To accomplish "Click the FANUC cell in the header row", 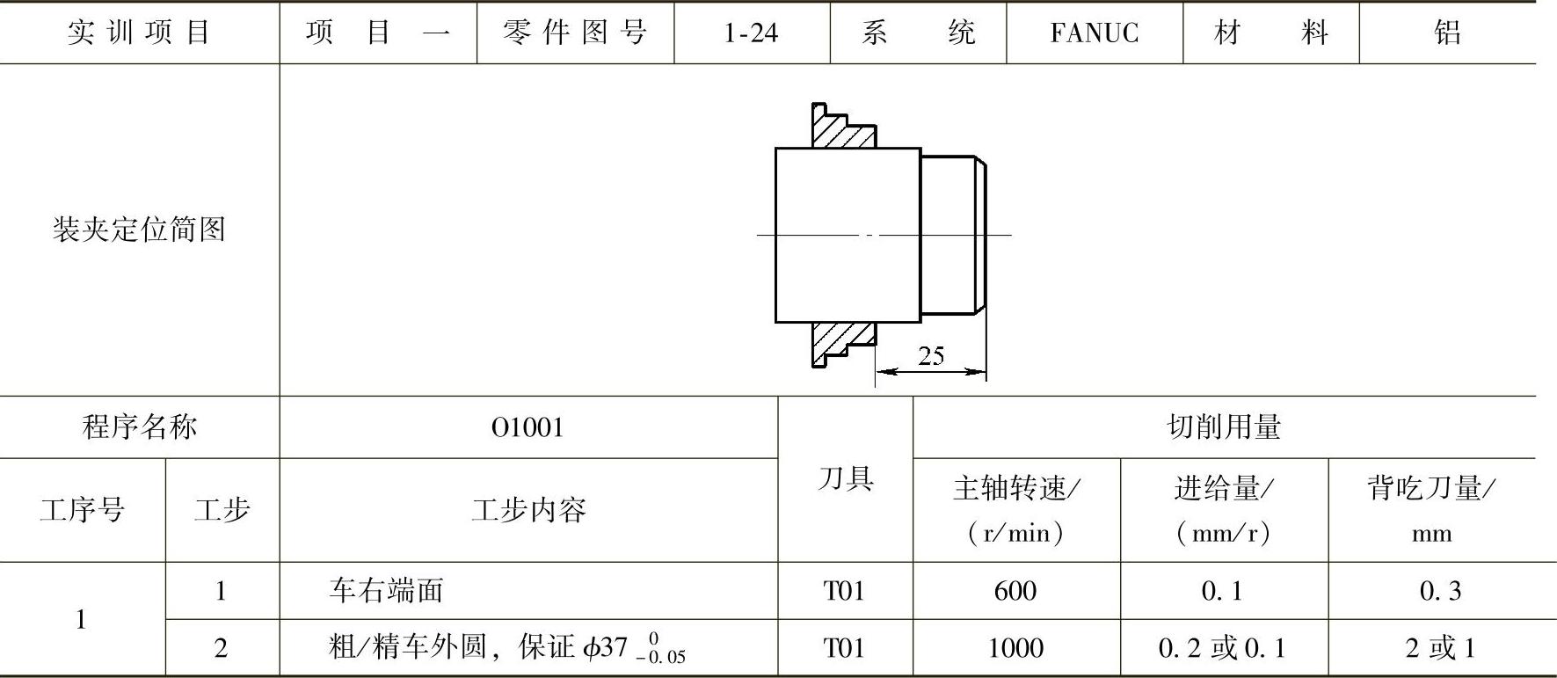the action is click(1094, 33).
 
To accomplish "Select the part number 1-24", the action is click(751, 33).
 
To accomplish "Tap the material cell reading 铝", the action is click(1447, 33).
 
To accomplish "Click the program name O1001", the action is click(527, 427).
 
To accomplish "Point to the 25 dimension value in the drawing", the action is click(931, 356).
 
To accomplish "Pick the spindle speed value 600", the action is click(1015, 591).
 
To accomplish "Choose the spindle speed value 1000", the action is click(1015, 648).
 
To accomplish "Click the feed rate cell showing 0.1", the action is click(1222, 591).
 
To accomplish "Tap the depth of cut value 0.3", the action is click(1440, 591).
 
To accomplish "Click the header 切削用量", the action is click(1224, 427).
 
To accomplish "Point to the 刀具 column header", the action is click(845, 479).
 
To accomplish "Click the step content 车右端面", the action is click(387, 590).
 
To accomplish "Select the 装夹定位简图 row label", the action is click(139, 230).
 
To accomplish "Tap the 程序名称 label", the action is click(139, 427).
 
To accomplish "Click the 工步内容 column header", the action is click(527, 510).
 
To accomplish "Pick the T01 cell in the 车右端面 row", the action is click(844, 591).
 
